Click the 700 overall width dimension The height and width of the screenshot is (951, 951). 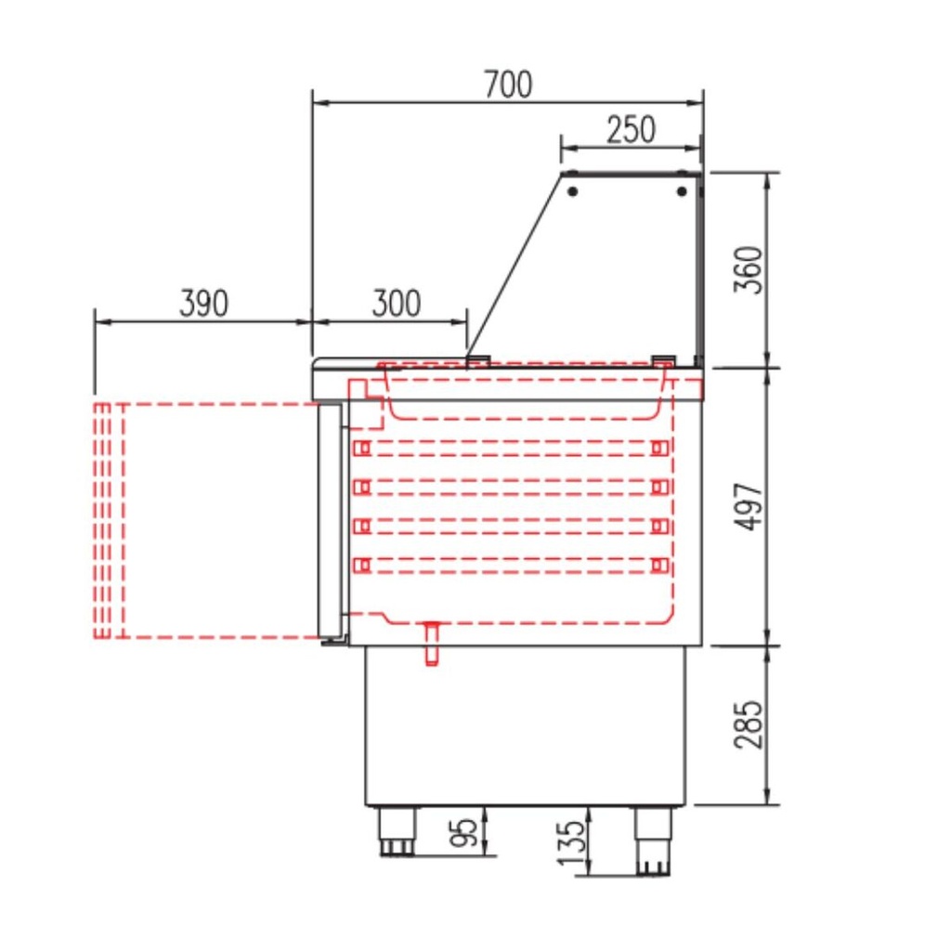pyautogui.click(x=508, y=85)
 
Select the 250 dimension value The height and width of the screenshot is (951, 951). pyautogui.click(x=631, y=130)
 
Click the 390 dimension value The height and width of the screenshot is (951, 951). pyautogui.click(x=203, y=304)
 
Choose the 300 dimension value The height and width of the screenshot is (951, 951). pyautogui.click(x=397, y=304)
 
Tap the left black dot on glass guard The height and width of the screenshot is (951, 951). pyautogui.click(x=573, y=191)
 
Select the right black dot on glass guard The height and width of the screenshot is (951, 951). pyautogui.click(x=682, y=191)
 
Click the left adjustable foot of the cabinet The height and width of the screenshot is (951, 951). pyautogui.click(x=396, y=831)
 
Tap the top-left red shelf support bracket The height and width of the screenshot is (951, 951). pyautogui.click(x=362, y=449)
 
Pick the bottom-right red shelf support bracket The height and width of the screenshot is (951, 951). pyautogui.click(x=659, y=565)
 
